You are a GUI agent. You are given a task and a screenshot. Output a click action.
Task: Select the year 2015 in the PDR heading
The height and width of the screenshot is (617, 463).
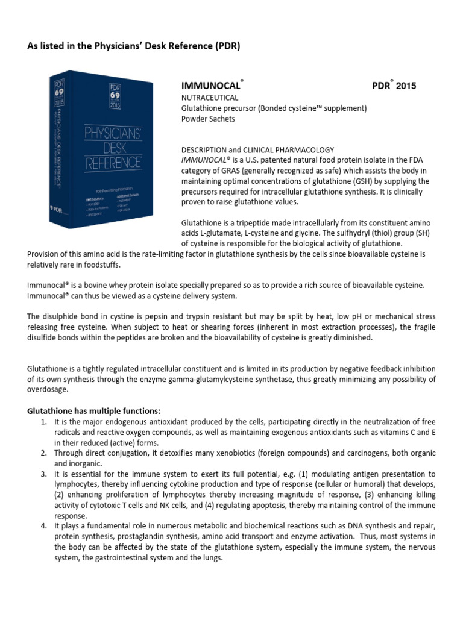click(x=402, y=86)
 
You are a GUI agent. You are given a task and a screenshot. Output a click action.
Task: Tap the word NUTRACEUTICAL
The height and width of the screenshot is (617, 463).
click(x=210, y=97)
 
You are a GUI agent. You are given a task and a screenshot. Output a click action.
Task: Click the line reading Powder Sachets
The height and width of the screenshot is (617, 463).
click(x=209, y=119)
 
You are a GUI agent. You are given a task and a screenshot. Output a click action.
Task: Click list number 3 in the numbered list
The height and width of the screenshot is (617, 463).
click(x=44, y=474)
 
